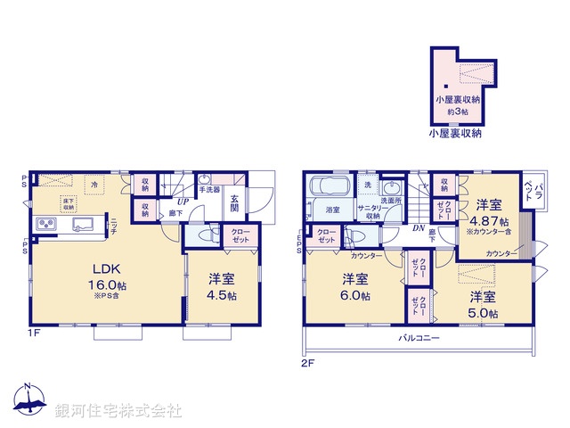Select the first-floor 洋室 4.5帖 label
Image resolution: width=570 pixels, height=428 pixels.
[218, 285]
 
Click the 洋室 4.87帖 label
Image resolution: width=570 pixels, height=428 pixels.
[490, 213]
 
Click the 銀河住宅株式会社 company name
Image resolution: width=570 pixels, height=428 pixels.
[118, 411]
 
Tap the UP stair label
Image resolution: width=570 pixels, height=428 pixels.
[181, 201]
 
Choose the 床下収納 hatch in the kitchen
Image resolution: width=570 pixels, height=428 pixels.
[68, 202]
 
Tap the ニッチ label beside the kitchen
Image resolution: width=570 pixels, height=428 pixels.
[116, 226]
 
